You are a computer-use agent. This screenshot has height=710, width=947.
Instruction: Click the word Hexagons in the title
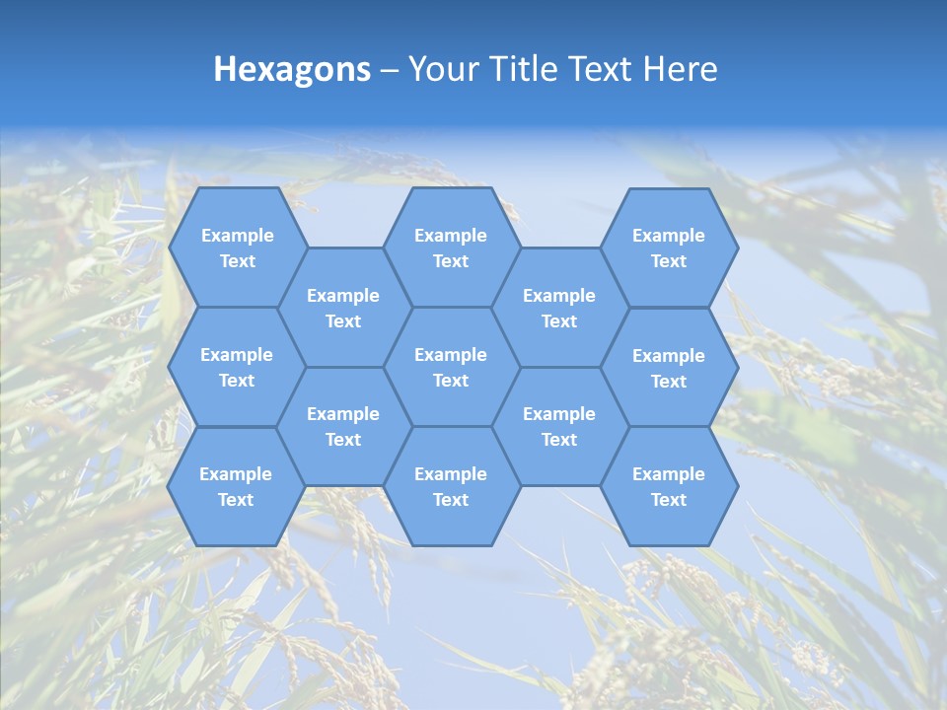pos(292,69)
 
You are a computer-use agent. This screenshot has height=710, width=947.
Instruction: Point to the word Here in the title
pos(681,69)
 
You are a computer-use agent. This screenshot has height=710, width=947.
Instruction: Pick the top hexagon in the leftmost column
pos(237,248)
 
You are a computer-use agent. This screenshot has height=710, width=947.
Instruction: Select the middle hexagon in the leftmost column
pos(237,367)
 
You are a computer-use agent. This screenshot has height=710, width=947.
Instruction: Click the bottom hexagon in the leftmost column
pos(236,486)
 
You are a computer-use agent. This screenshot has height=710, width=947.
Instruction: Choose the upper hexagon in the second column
pos(343,308)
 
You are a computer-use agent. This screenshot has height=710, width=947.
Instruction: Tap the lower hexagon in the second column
pos(343,426)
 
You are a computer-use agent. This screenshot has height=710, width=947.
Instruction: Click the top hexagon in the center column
pos(451,248)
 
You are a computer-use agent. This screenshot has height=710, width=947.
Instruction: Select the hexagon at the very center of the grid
pos(451,367)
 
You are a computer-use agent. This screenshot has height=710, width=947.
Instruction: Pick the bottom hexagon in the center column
pos(451,486)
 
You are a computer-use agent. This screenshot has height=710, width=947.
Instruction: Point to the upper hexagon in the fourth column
pos(559,308)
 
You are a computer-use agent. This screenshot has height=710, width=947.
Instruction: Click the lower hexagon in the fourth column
pos(559,426)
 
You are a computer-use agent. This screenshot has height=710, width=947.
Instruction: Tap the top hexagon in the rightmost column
pos(669,248)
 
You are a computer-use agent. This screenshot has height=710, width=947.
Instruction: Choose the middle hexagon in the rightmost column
pos(669,368)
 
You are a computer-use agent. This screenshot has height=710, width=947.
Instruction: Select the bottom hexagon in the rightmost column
pos(669,486)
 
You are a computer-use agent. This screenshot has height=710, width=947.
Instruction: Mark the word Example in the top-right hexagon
pos(669,236)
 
